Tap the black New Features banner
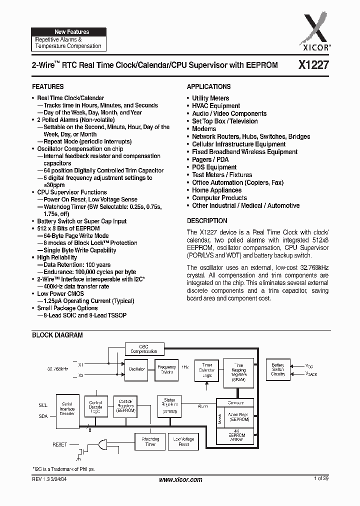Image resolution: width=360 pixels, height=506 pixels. pyautogui.click(x=68, y=32)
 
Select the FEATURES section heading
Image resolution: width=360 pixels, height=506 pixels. pyautogui.click(x=48, y=86)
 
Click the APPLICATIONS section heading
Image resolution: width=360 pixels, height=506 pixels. pyautogui.click(x=209, y=86)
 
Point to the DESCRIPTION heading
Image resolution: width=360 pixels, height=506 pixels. pyautogui.click(x=207, y=220)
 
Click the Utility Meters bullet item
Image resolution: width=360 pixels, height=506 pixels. pyautogui.click(x=210, y=98)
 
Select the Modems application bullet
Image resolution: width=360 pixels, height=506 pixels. pyautogui.click(x=204, y=129)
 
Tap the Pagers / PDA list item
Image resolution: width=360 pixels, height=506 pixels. pyautogui.click(x=210, y=159)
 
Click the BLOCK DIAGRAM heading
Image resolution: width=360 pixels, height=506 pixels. pyautogui.click(x=57, y=335)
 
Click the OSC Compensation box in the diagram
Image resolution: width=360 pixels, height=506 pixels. pyautogui.click(x=144, y=348)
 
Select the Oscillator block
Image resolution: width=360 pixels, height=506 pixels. pyautogui.click(x=137, y=369)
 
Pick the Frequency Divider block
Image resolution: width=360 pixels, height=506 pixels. pyautogui.click(x=166, y=369)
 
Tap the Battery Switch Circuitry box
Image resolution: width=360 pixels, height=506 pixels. pyautogui.click(x=278, y=369)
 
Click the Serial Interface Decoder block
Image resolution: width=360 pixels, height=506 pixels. pyautogui.click(x=67, y=408)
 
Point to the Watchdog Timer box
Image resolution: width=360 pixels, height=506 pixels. pyautogui.click(x=150, y=441)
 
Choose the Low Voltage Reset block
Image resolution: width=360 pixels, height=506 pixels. pyautogui.click(x=183, y=441)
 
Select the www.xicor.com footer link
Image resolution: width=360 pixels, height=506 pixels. pyautogui.click(x=180, y=479)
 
